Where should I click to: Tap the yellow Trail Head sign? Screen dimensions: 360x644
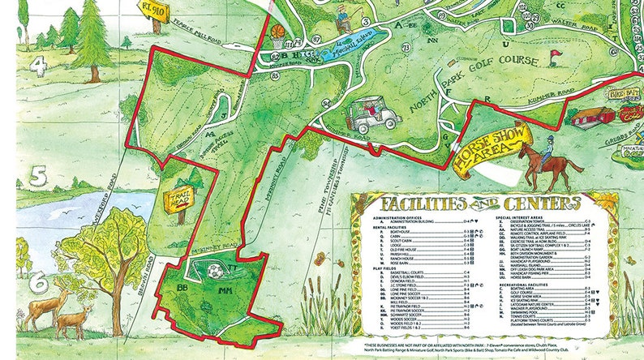click(178, 201)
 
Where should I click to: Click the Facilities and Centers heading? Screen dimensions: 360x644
click(472, 203)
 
